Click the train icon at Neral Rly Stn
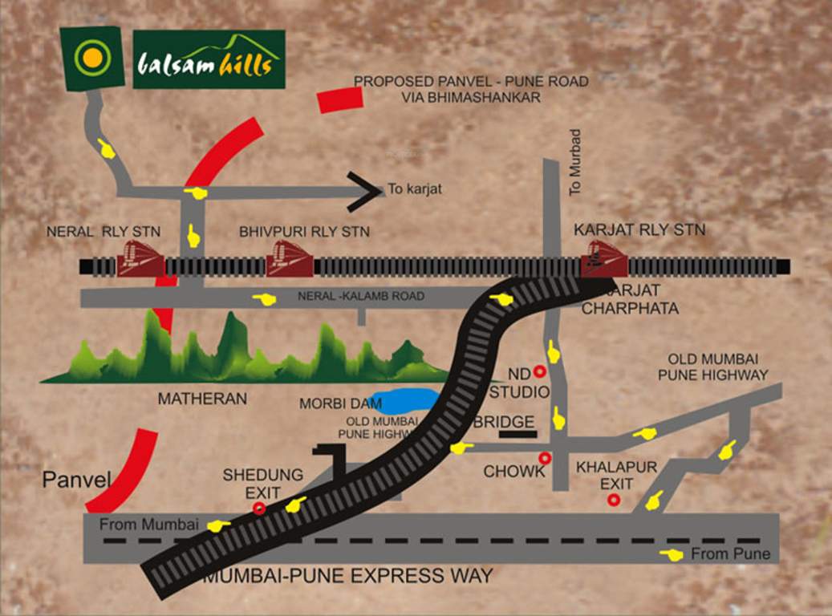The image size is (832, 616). click(x=141, y=258)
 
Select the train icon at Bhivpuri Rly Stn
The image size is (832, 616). click(x=289, y=258)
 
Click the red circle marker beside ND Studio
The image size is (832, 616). click(x=540, y=371)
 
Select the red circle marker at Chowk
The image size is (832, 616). click(x=546, y=458)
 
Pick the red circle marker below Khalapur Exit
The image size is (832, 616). click(x=614, y=500)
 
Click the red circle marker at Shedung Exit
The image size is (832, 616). click(x=258, y=508)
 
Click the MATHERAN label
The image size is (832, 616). click(x=202, y=398)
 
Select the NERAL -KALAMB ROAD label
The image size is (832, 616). click(x=361, y=296)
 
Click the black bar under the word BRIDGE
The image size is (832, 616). click(x=517, y=434)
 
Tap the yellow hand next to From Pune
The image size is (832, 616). click(x=672, y=555)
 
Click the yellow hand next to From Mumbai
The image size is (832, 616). click(x=218, y=525)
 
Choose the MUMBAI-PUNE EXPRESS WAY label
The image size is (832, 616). click(x=347, y=576)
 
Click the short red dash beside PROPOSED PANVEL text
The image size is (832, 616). click(x=339, y=99)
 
